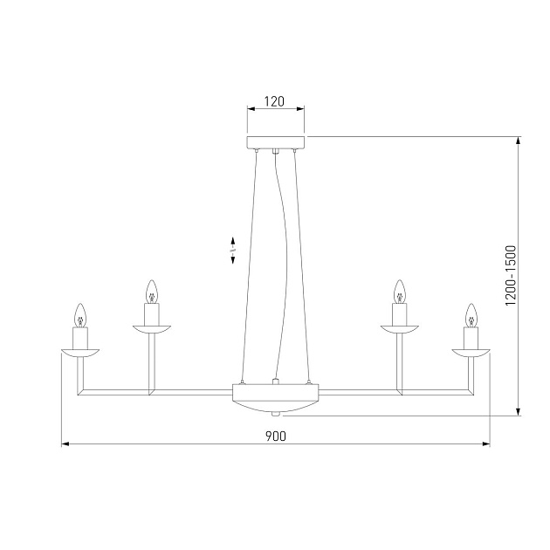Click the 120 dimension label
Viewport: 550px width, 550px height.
[x=275, y=101]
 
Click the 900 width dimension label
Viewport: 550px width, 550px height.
[x=275, y=436]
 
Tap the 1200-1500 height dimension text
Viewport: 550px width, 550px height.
[x=512, y=276]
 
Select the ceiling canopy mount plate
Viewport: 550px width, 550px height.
[x=276, y=142]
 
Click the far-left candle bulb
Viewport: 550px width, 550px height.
[x=79, y=314]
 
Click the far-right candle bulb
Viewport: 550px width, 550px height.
[x=471, y=314]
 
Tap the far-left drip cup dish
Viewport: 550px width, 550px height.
[x=79, y=353]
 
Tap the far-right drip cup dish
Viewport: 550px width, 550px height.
[x=471, y=353]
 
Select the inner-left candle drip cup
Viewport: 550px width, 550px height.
[x=150, y=329]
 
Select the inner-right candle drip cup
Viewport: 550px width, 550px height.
[x=401, y=329]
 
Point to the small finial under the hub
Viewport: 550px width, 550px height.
[x=276, y=413]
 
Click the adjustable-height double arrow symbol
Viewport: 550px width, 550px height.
[x=233, y=251]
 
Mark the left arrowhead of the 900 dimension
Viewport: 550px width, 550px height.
[x=65, y=444]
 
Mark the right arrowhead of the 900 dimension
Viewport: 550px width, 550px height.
[x=485, y=444]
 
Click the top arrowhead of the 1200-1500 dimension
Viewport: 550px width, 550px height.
[x=520, y=141]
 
